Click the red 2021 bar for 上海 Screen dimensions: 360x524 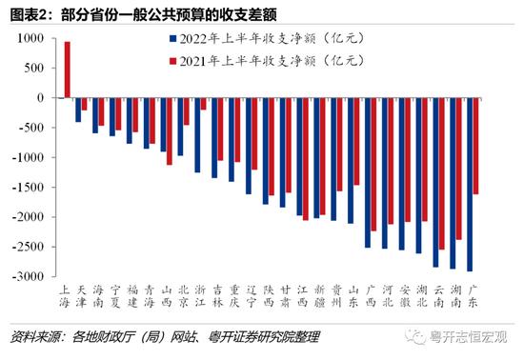(x=67, y=70)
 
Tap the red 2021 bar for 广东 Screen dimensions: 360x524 (x=475, y=146)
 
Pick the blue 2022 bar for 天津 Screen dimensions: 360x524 (x=78, y=110)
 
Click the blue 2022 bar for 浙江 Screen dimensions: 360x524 (x=197, y=135)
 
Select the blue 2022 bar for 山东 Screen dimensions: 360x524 (x=351, y=161)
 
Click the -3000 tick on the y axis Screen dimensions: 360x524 (x=30, y=276)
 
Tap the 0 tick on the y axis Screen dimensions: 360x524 (x=42, y=98)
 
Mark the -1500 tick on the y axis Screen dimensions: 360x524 (x=30, y=187)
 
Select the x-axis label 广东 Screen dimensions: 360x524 (x=473, y=296)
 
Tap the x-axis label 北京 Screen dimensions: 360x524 (x=183, y=296)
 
